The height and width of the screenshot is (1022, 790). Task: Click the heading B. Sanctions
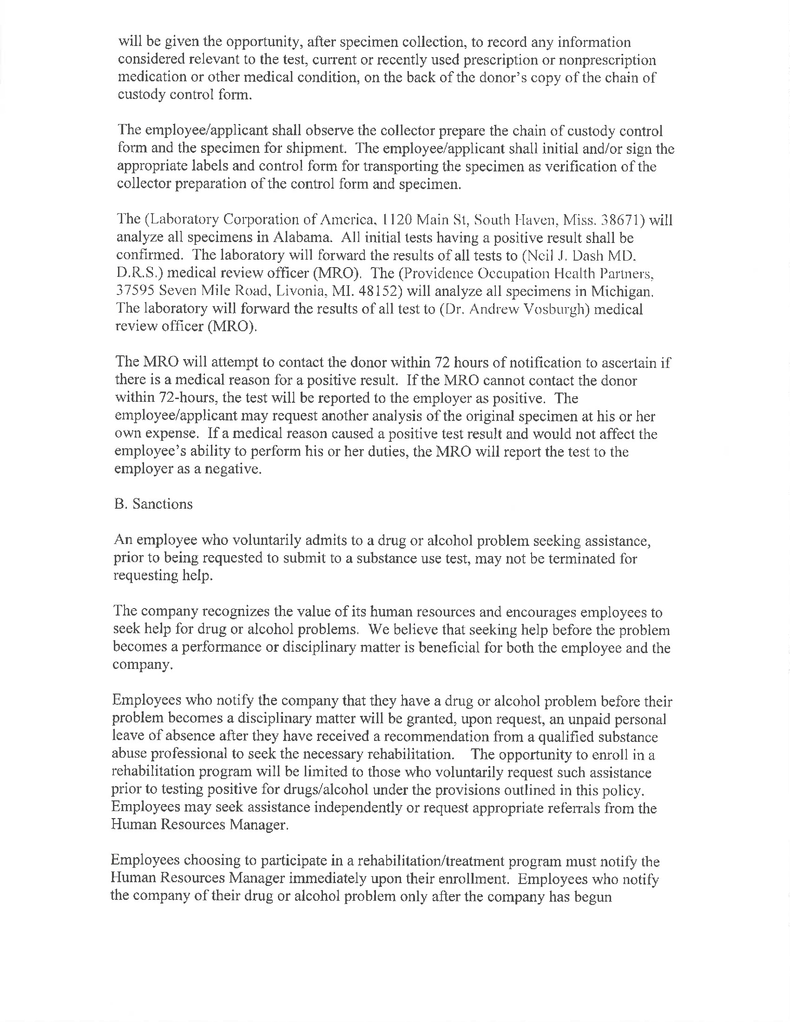pyautogui.click(x=153, y=504)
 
